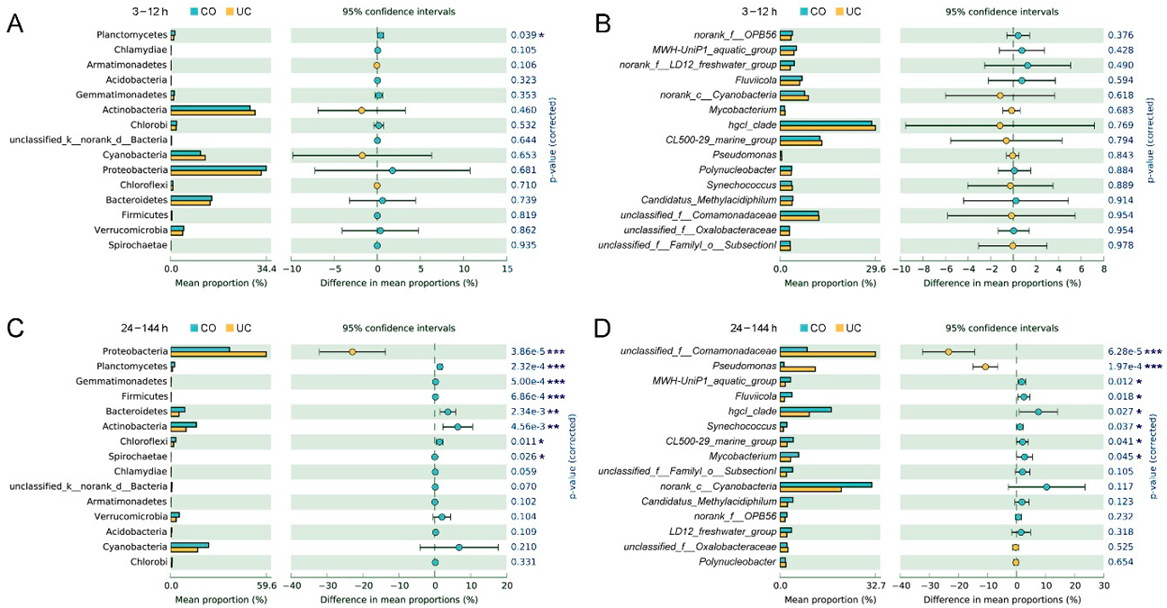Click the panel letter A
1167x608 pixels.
point(14,24)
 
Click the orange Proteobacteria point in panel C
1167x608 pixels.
point(352,351)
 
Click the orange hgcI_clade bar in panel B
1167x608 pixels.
point(828,128)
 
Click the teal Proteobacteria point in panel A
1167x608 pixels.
point(393,170)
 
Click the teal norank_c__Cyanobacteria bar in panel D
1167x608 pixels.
point(826,485)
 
